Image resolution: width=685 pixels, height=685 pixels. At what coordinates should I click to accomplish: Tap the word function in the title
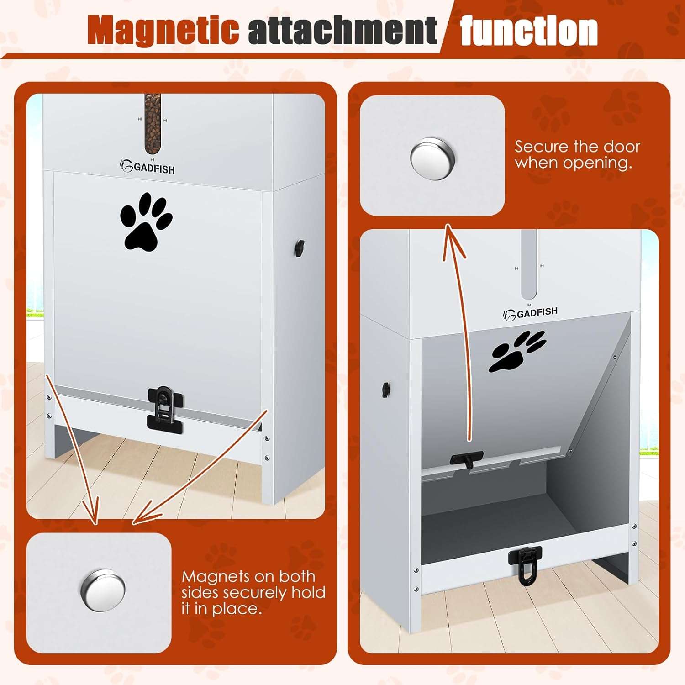pyautogui.click(x=529, y=31)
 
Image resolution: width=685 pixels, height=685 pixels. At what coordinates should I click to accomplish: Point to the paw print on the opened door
pyautogui.click(x=516, y=351)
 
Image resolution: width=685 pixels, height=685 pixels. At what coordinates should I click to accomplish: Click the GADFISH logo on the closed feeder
pyautogui.click(x=148, y=168)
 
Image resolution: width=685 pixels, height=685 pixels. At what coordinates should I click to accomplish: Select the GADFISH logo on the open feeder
pyautogui.click(x=530, y=313)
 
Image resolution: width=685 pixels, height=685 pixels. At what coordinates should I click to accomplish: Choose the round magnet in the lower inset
pyautogui.click(x=103, y=590)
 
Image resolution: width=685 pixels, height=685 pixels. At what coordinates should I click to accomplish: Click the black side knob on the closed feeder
pyautogui.click(x=299, y=248)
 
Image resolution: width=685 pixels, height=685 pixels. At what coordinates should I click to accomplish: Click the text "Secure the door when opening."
pyautogui.click(x=577, y=154)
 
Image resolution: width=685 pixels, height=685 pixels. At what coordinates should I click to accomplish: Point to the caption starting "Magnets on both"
pyautogui.click(x=253, y=592)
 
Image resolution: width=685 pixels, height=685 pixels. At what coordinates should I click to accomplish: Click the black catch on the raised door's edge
pyautogui.click(x=466, y=459)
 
